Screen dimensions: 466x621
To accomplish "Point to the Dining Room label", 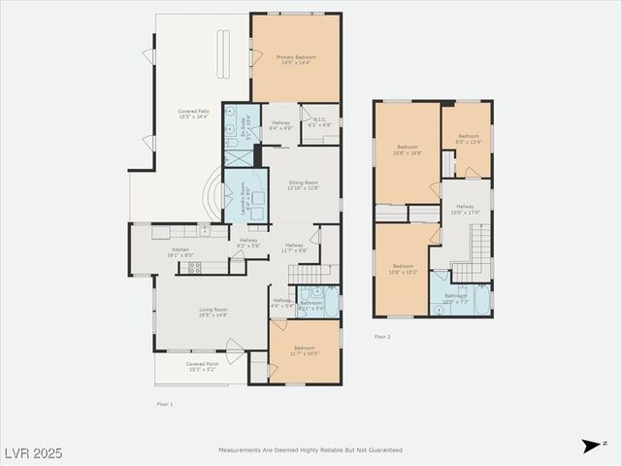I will [303, 185].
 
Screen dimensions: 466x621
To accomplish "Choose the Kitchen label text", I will [180, 251].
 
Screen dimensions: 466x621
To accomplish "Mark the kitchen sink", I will [205, 231].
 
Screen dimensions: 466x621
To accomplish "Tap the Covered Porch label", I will [203, 366].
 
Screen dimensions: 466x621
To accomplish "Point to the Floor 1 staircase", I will [310, 277].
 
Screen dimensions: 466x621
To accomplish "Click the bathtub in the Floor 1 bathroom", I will [332, 303].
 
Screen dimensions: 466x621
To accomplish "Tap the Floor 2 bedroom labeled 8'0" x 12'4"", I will [469, 138].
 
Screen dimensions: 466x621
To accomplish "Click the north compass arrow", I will [590, 446].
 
